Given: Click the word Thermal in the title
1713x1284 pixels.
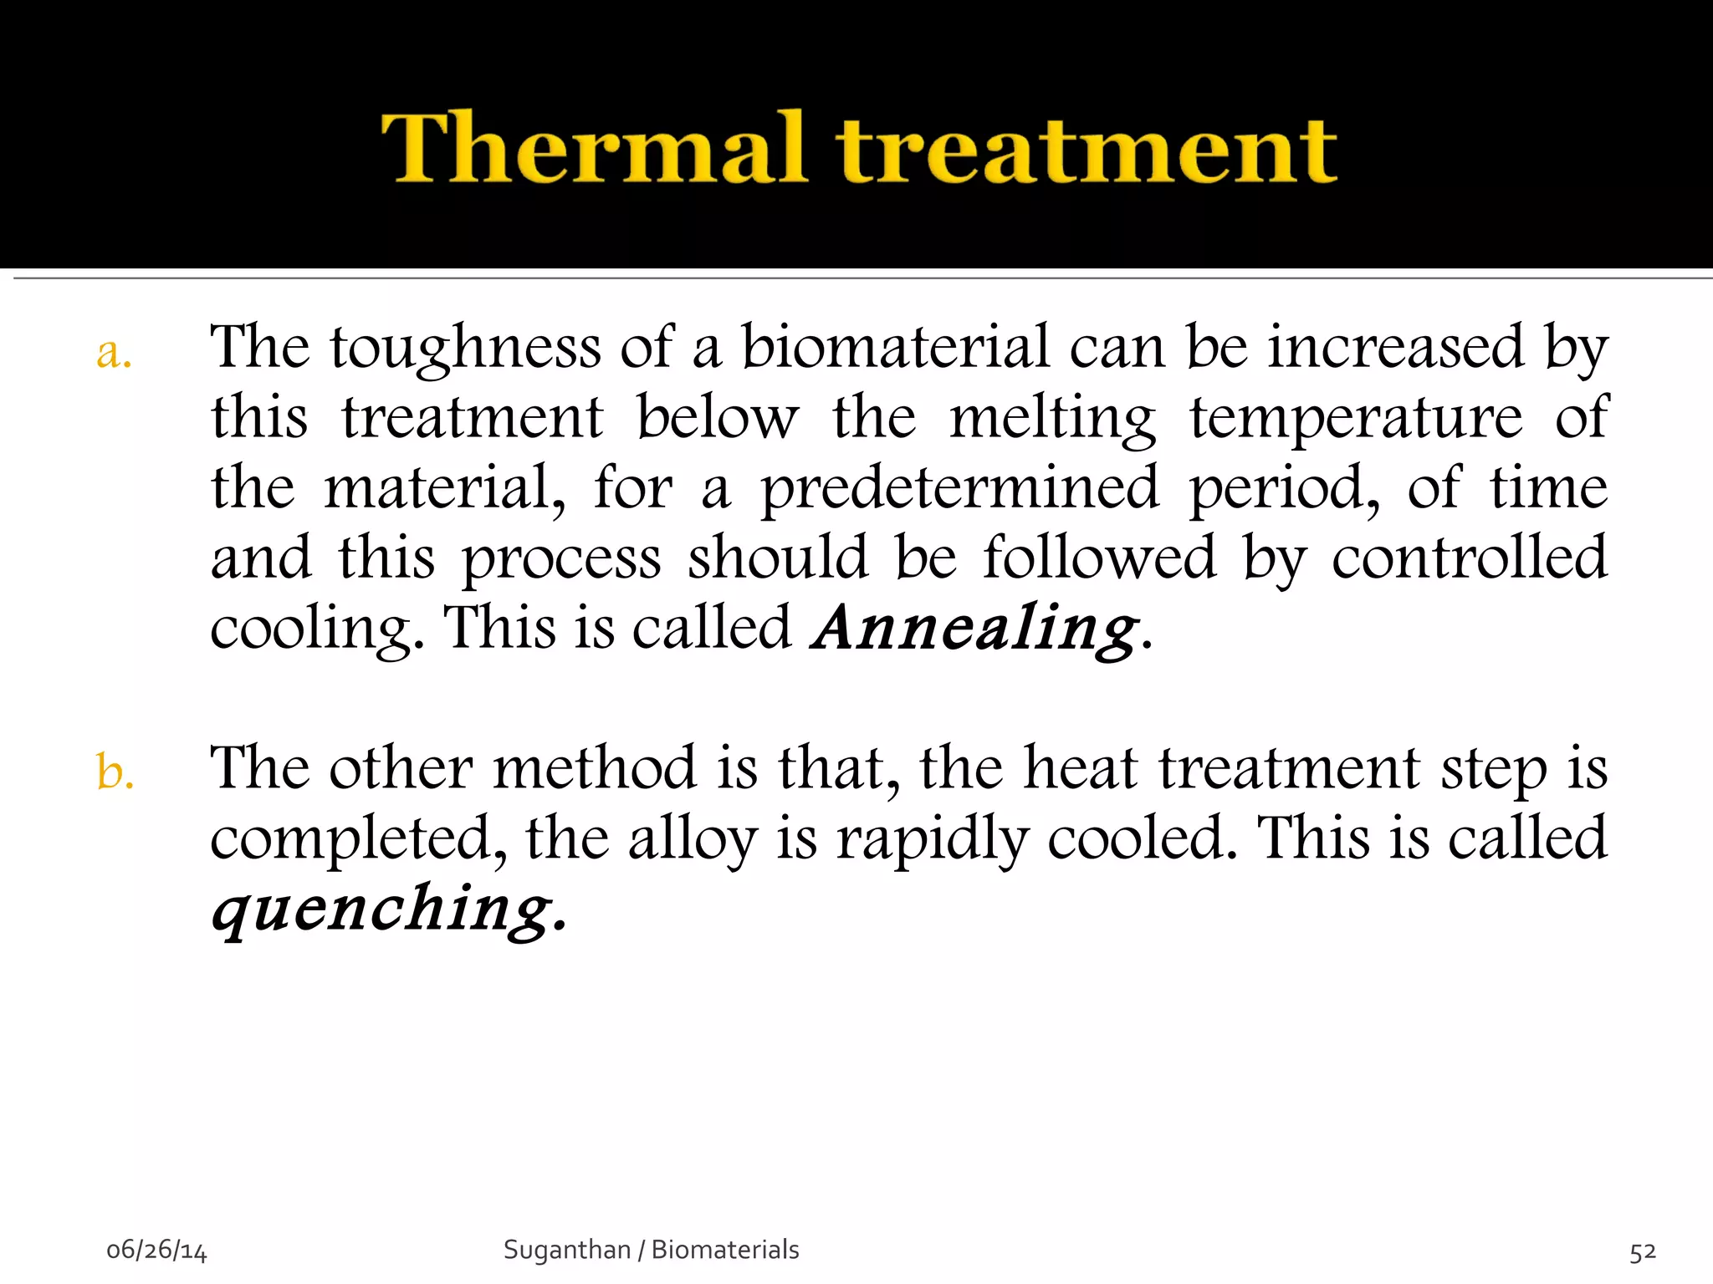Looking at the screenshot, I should pyautogui.click(x=594, y=148).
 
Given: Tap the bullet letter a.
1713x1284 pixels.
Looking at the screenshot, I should pyautogui.click(x=114, y=354).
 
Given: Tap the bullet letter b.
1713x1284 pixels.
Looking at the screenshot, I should pyautogui.click(x=115, y=771).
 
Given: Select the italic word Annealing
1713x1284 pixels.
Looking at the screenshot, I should pyautogui.click(x=975, y=629).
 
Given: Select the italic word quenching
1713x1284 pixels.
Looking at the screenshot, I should pyautogui.click(x=382, y=909).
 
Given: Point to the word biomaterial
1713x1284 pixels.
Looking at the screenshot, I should pyautogui.click(x=895, y=347).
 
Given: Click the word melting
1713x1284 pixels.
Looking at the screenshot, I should pyautogui.click(x=1052, y=419).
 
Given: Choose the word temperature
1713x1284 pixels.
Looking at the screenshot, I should pyautogui.click(x=1355, y=419).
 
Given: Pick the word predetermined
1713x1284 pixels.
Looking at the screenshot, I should pyautogui.click(x=959, y=489).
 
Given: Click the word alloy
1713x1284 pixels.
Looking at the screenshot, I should pyautogui.click(x=693, y=839).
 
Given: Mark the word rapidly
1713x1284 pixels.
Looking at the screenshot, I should pyautogui.click(x=932, y=839).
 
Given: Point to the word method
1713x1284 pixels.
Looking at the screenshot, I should pyautogui.click(x=594, y=767).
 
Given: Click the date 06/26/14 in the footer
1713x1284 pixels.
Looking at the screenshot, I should pyautogui.click(x=156, y=1251).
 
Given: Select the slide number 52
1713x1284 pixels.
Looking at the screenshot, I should pyautogui.click(x=1642, y=1251).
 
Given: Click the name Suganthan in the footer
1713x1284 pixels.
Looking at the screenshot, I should pyautogui.click(x=566, y=1250).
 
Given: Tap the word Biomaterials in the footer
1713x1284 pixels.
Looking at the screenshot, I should pyautogui.click(x=725, y=1250).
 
